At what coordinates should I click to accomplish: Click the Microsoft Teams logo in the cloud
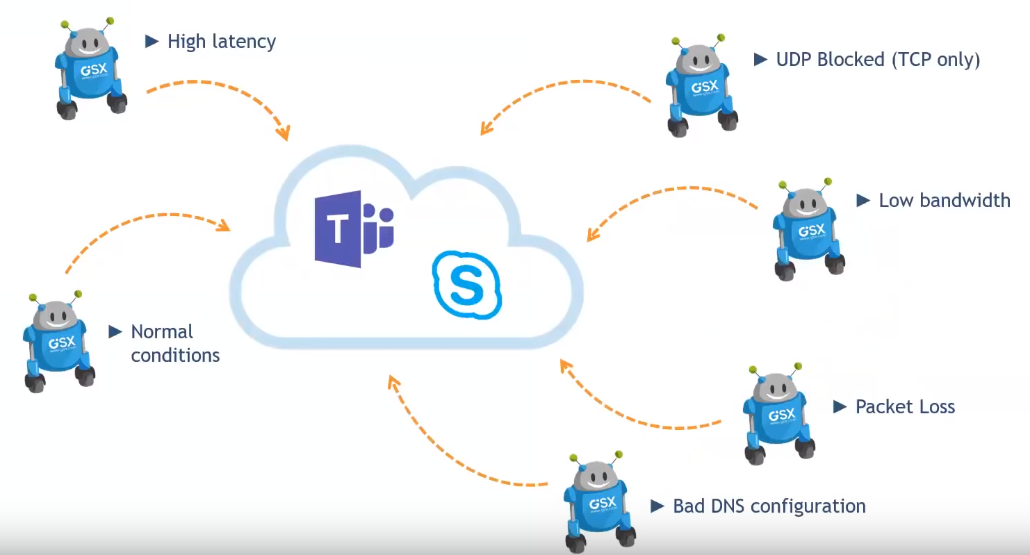tap(354, 229)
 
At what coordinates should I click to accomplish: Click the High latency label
tap(222, 42)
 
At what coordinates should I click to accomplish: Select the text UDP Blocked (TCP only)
tap(878, 60)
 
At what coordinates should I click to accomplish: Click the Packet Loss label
tap(905, 406)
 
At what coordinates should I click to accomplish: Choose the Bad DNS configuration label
tap(769, 506)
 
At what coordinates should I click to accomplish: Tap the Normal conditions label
tap(174, 343)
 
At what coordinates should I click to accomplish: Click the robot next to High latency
tap(90, 69)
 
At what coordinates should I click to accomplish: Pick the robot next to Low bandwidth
tap(808, 229)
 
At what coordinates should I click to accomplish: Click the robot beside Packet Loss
tap(778, 413)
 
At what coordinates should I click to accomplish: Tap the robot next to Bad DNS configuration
tap(598, 500)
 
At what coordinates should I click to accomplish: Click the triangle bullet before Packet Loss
tap(840, 406)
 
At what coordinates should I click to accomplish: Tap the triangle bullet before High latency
tap(152, 42)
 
